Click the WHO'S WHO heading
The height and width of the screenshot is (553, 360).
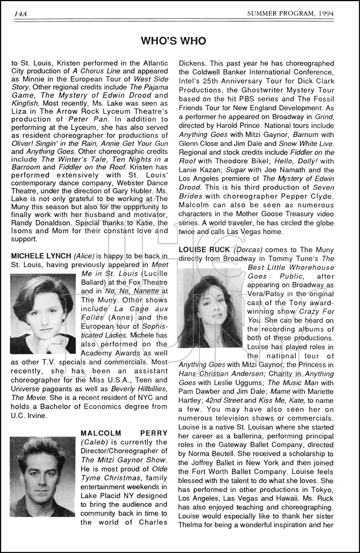[x=174, y=41]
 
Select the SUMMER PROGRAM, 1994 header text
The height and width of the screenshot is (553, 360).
[x=285, y=14]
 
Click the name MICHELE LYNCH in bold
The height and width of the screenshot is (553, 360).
[x=41, y=256]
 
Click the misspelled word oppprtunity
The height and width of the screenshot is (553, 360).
[x=142, y=207]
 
